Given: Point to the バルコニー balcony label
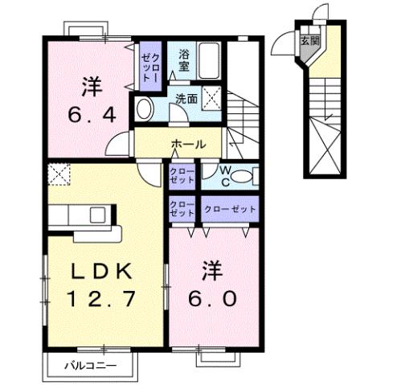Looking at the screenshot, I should (90, 366).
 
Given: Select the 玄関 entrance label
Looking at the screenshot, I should (309, 39).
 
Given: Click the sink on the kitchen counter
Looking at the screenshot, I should (98, 215).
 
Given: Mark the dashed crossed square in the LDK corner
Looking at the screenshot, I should (58, 174).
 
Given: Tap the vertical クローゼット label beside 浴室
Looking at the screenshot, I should (150, 66).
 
